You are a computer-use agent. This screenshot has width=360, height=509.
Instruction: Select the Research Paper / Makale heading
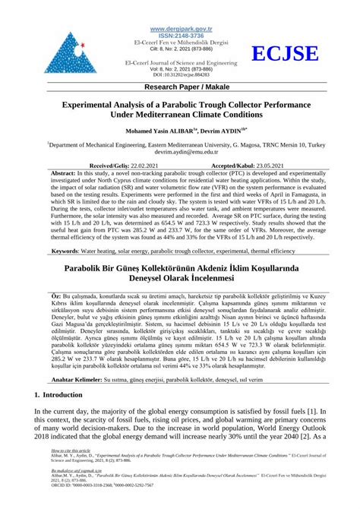[x=180, y=87]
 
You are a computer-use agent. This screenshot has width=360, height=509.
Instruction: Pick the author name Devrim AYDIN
[x=222, y=131]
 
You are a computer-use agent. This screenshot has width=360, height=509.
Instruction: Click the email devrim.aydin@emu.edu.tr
[x=180, y=151]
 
